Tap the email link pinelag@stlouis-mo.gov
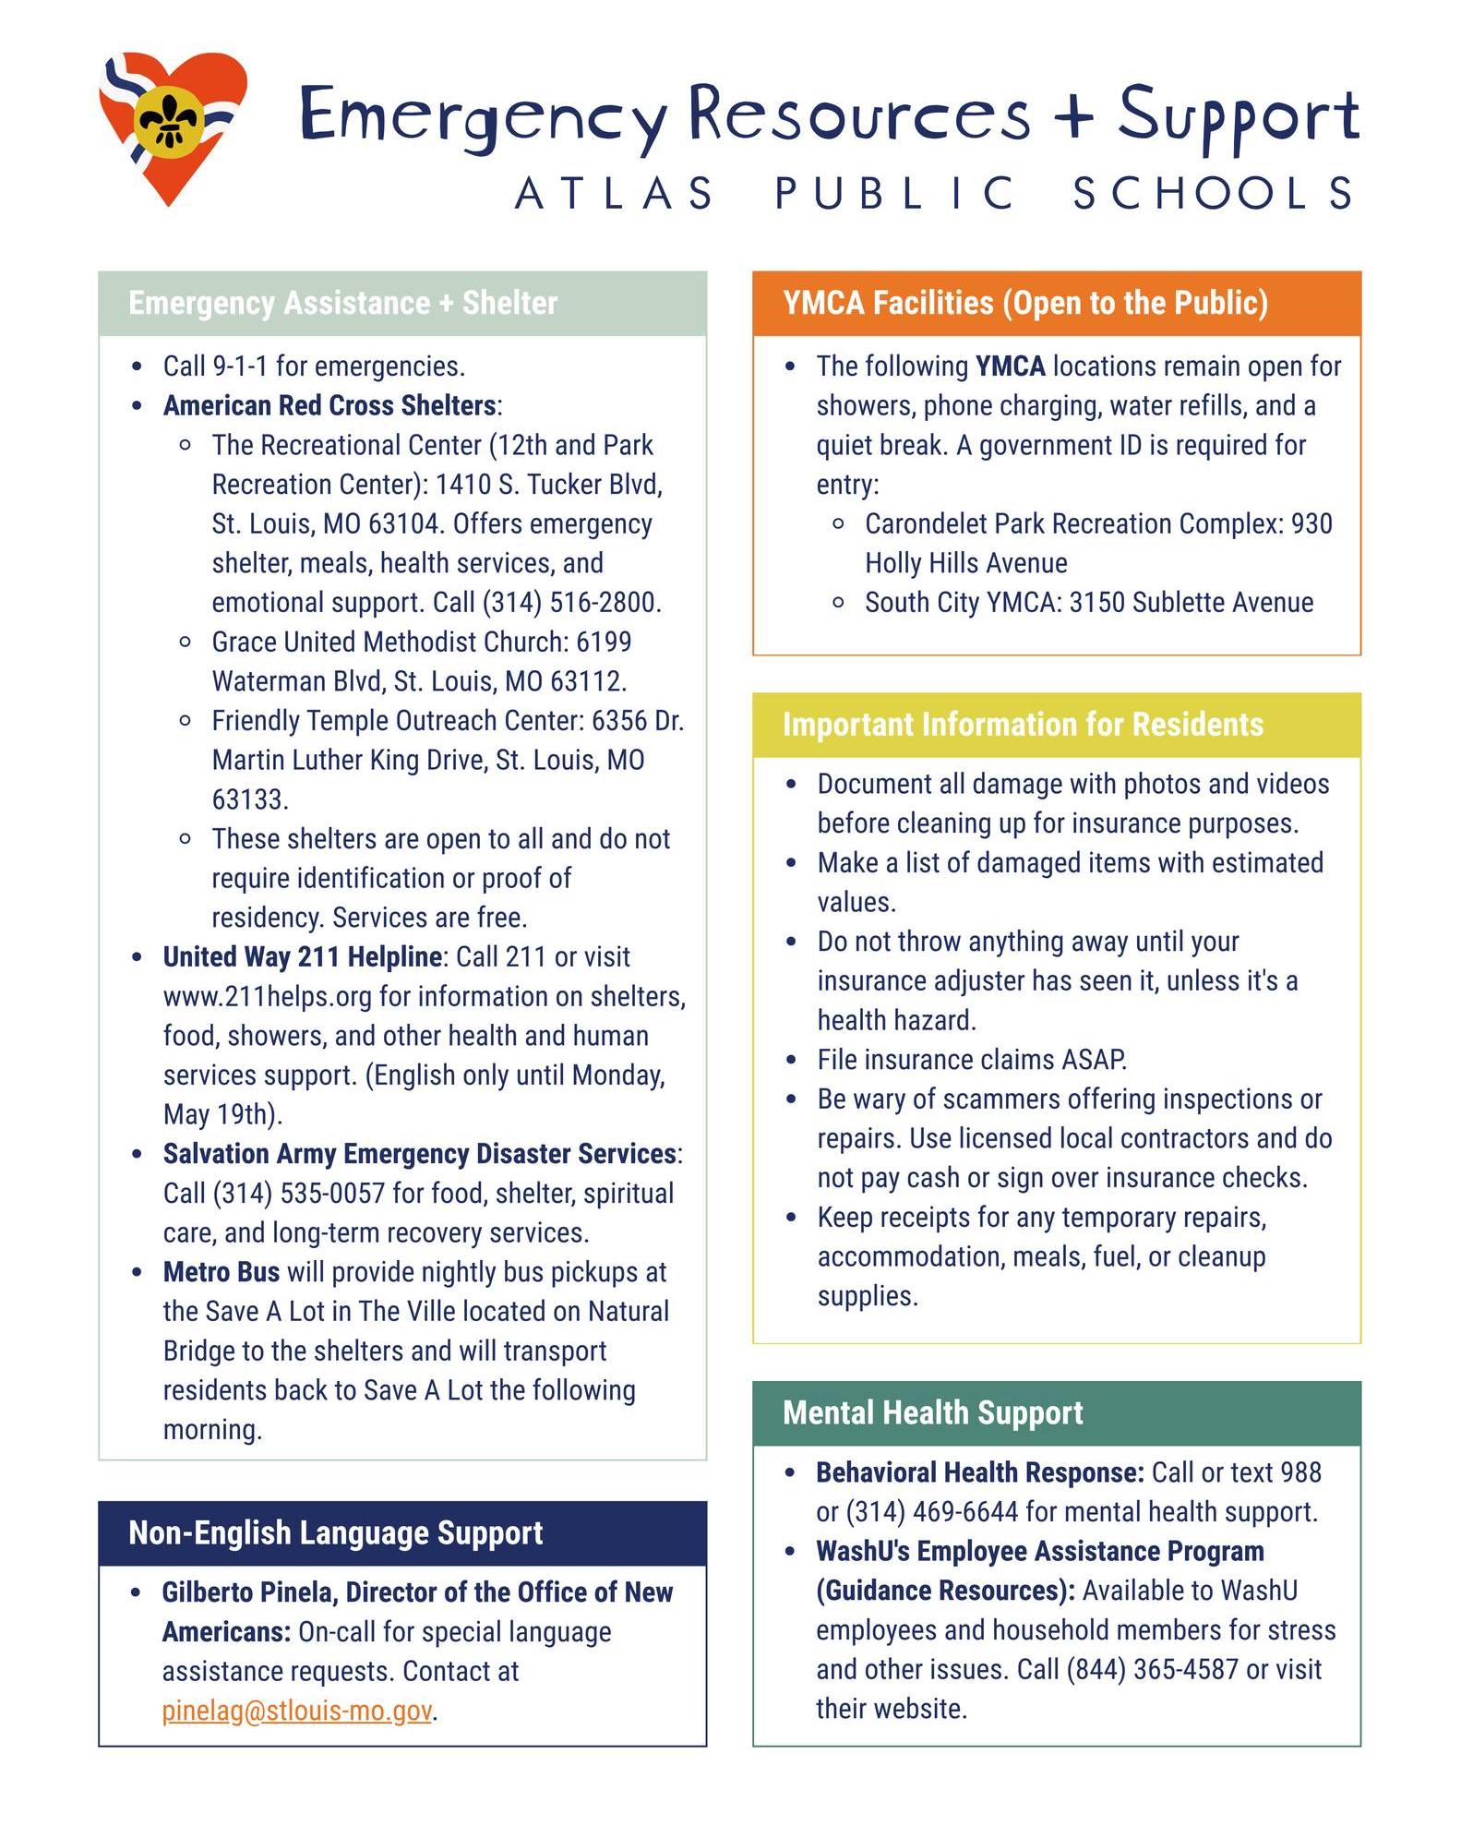point(296,1711)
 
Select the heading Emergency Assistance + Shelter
point(342,303)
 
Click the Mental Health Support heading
point(932,1412)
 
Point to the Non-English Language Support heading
point(335,1532)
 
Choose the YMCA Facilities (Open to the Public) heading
point(1024,303)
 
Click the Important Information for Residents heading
point(1023,725)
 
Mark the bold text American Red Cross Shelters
point(329,406)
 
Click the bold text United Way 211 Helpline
point(302,957)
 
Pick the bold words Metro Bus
point(222,1272)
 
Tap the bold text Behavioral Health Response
point(979,1472)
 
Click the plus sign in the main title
point(1072,115)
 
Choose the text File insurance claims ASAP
point(972,1060)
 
